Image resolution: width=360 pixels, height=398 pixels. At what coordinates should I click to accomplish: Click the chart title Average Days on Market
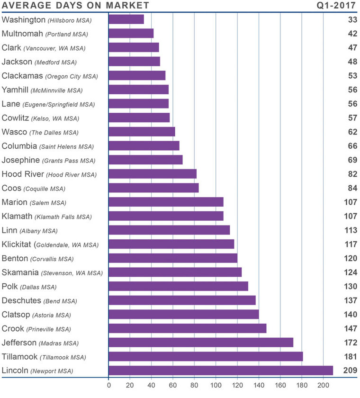click(x=76, y=6)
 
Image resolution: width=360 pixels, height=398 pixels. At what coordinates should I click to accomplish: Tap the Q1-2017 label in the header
click(x=336, y=6)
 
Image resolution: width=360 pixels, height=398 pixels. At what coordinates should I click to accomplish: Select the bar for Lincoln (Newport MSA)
click(x=221, y=371)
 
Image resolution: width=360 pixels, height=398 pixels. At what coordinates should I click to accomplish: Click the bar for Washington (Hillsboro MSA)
click(x=126, y=19)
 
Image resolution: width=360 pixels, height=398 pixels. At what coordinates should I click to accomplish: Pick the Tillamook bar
click(x=206, y=356)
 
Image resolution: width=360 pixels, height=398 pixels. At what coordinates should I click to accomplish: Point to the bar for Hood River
click(x=153, y=174)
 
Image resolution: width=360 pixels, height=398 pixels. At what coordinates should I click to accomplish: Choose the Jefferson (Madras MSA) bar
click(x=201, y=343)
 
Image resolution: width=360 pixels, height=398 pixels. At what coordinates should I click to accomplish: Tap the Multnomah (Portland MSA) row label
click(x=45, y=34)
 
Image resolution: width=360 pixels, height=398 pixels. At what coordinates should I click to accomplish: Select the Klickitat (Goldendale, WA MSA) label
click(x=50, y=244)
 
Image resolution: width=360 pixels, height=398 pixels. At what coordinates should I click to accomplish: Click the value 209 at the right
click(x=349, y=371)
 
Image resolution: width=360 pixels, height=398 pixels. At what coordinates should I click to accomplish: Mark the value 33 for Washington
click(x=351, y=20)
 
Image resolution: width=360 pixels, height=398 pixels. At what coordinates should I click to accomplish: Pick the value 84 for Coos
click(x=351, y=188)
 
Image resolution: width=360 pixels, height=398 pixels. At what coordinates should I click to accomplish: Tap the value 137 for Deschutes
click(x=349, y=300)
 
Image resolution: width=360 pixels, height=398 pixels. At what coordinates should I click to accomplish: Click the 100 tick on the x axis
click(x=216, y=385)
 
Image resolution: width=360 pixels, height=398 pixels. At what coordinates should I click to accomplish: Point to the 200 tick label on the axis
click(x=324, y=385)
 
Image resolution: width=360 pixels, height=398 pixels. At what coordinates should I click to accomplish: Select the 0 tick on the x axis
click(x=109, y=385)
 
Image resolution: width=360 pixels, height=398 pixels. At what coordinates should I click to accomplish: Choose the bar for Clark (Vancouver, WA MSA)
click(x=134, y=47)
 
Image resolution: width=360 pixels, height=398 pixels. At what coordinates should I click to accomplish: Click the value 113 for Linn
click(x=349, y=230)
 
